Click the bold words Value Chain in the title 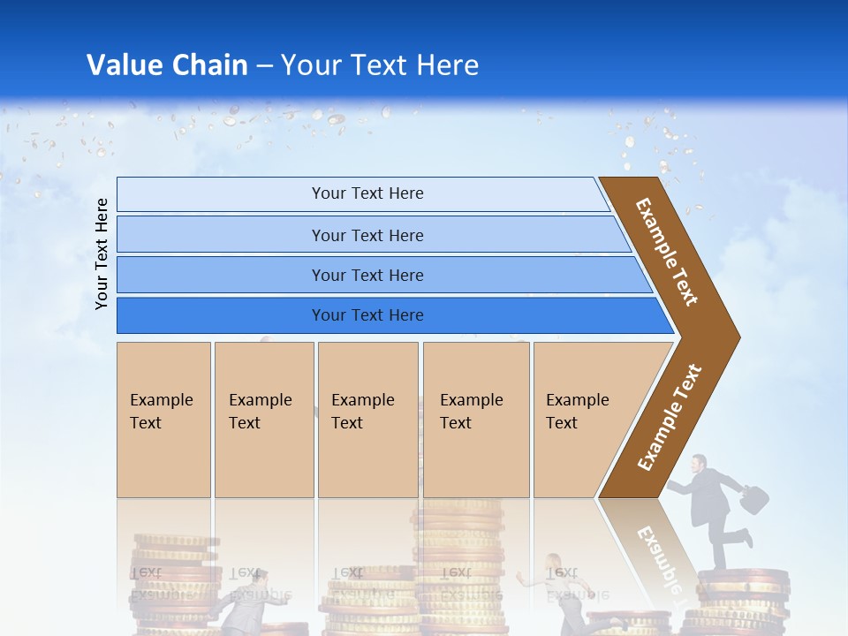coord(167,64)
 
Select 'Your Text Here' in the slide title coord(380,64)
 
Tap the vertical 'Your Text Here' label coord(102,254)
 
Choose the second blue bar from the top coord(367,235)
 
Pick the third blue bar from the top coord(367,275)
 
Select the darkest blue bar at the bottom coord(367,315)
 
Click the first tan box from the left coord(163,419)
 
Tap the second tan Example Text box coord(263,419)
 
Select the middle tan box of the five coord(367,419)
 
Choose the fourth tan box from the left coord(475,419)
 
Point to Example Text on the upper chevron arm coord(667,252)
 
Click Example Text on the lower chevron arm coord(670,417)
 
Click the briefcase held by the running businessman coord(753,500)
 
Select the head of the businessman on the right coord(699,463)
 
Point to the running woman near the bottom coord(553,583)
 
